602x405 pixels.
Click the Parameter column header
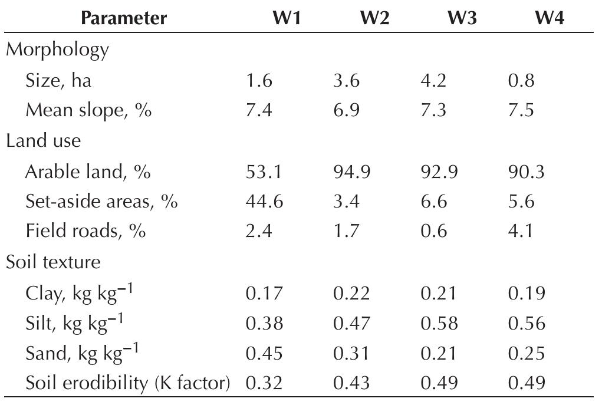[x=124, y=18]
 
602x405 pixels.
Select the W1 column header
[x=287, y=18]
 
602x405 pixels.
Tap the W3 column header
[x=462, y=18]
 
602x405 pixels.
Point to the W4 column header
[x=549, y=18]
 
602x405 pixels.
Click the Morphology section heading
[x=57, y=50]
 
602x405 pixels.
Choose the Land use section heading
[x=44, y=141]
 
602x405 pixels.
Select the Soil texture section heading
[x=53, y=262]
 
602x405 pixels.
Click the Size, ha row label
[x=58, y=80]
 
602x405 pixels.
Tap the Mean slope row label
[x=88, y=110]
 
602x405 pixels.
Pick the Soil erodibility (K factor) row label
[x=127, y=383]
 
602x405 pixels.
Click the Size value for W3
[x=434, y=80]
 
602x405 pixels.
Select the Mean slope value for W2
[x=346, y=110]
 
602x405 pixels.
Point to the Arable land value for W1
[x=264, y=172]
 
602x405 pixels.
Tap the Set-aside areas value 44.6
[x=264, y=202]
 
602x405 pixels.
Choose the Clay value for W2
[x=351, y=293]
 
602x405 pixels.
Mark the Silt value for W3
[x=439, y=323]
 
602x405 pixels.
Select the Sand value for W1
[x=264, y=353]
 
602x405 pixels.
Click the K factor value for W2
[x=351, y=383]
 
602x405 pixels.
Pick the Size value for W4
[x=521, y=80]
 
